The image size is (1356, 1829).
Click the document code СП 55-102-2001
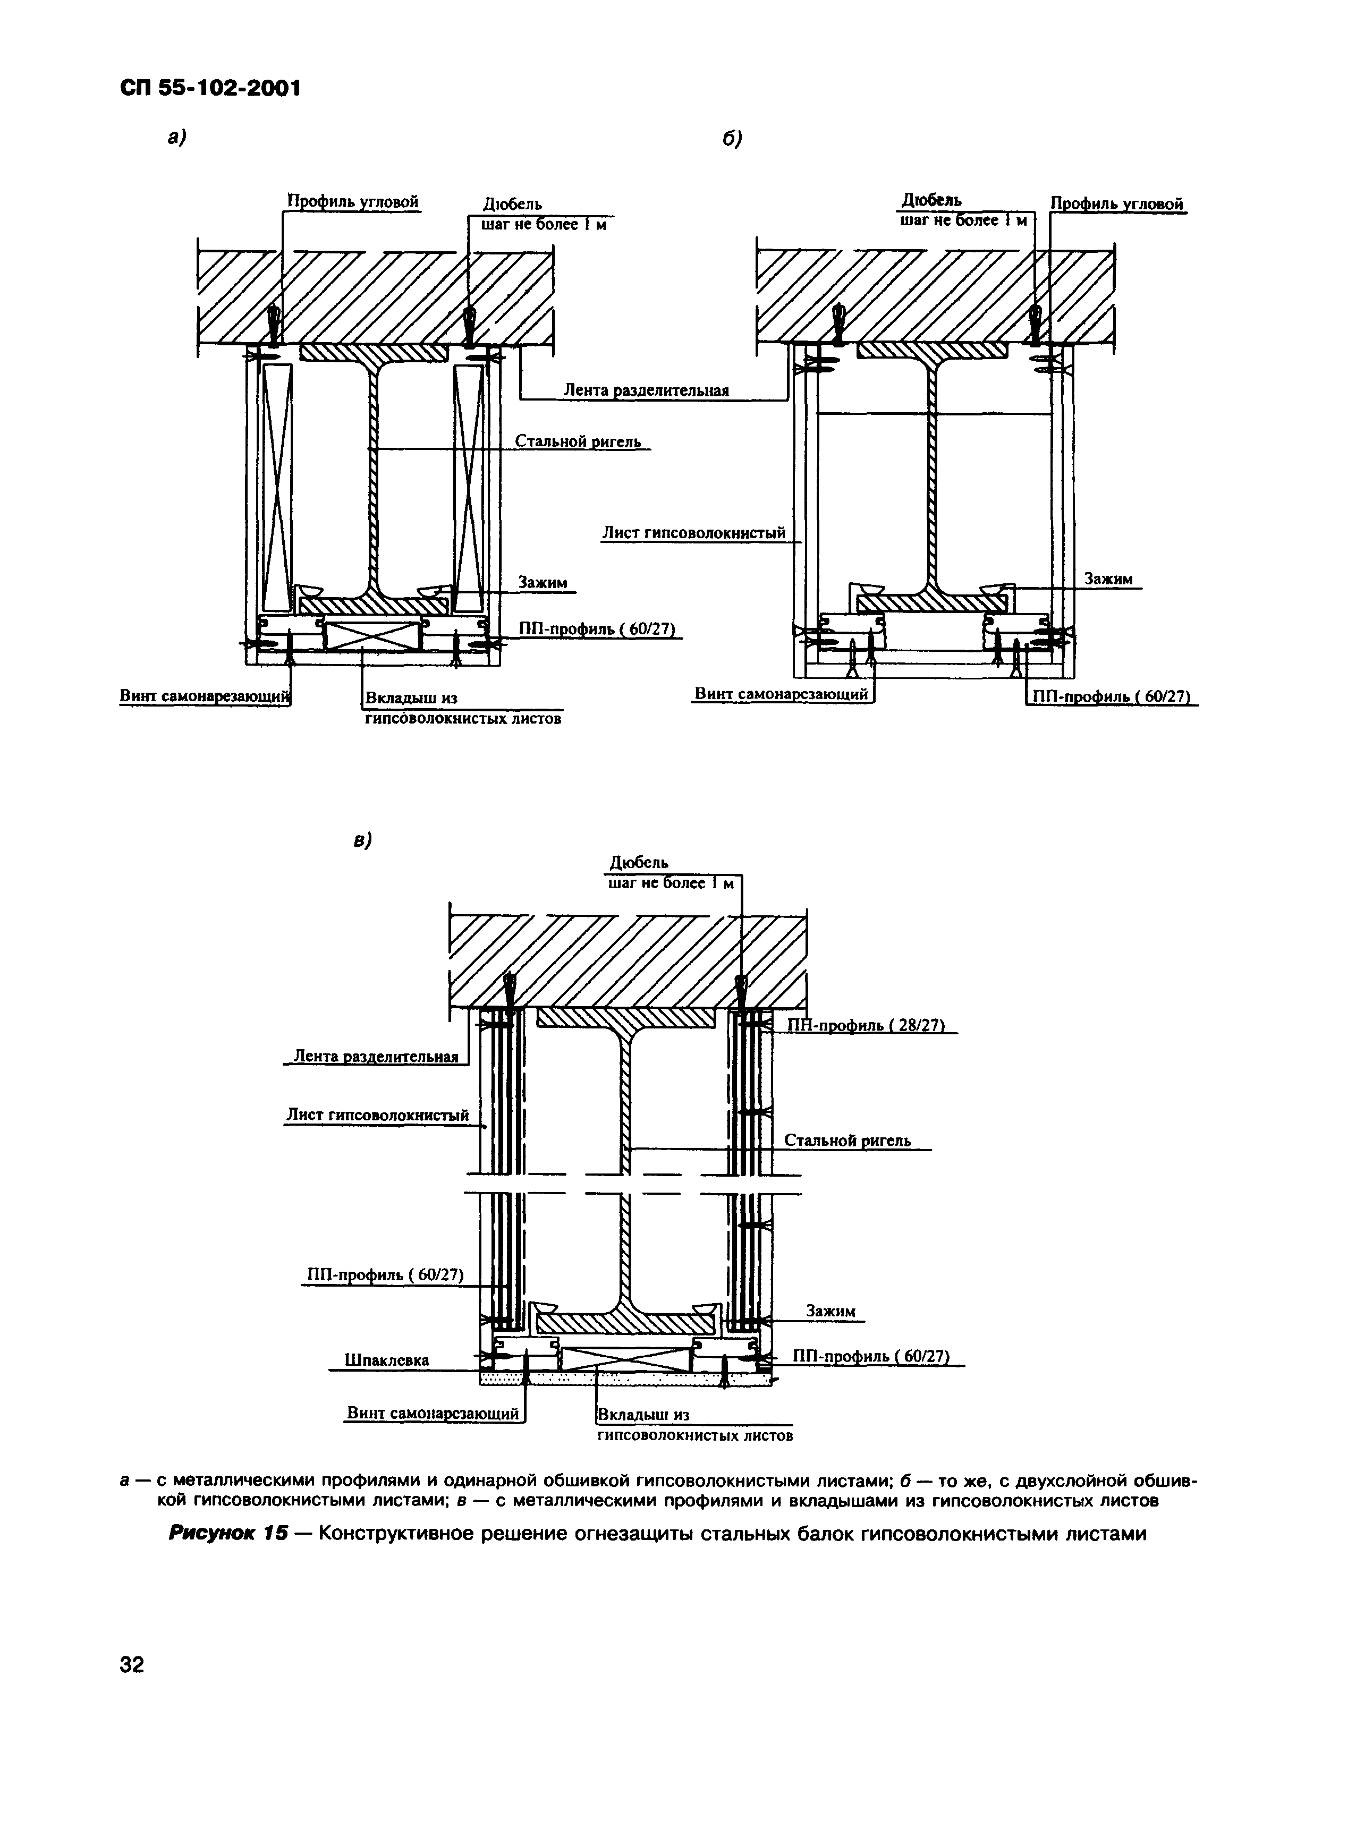(x=210, y=88)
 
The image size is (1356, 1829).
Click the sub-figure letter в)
(x=362, y=840)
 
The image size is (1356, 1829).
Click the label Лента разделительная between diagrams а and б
(x=646, y=390)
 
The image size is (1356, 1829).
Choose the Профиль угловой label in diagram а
(x=353, y=201)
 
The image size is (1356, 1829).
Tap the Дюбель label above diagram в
(x=639, y=862)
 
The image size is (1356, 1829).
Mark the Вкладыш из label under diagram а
(x=410, y=698)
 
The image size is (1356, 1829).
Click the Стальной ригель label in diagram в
(x=847, y=1141)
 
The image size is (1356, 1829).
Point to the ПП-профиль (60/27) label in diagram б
(x=1110, y=696)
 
